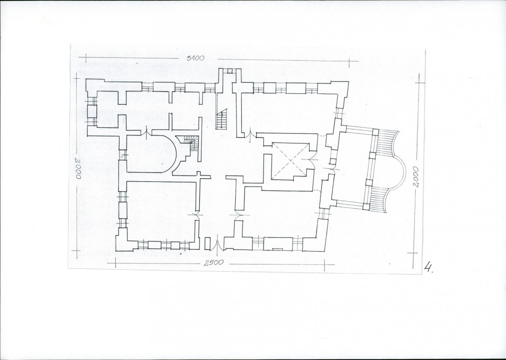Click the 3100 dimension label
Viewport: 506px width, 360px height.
click(195, 58)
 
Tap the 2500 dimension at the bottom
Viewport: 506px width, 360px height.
click(214, 263)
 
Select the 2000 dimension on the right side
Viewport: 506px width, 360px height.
click(416, 177)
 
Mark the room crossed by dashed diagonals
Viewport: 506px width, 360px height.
click(290, 161)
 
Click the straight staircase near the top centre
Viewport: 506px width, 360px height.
click(222, 119)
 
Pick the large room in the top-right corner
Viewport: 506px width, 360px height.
click(289, 113)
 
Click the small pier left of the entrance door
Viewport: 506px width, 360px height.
click(207, 244)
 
